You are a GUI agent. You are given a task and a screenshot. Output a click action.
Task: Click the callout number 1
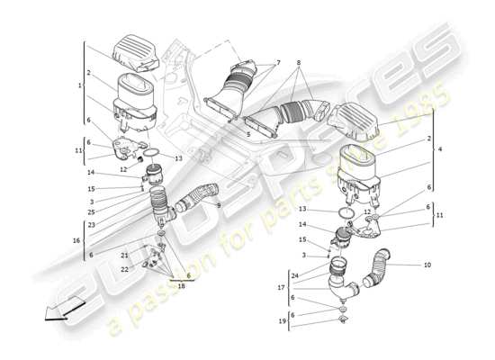81,85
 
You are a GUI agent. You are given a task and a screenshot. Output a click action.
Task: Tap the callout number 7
278,62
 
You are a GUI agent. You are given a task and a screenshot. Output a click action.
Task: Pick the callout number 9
218,204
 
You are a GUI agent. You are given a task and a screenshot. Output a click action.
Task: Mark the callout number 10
427,265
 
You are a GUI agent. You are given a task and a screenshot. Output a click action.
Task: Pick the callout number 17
281,287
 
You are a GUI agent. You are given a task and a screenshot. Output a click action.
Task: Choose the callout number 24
294,274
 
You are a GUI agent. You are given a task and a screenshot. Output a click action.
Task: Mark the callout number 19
281,320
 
